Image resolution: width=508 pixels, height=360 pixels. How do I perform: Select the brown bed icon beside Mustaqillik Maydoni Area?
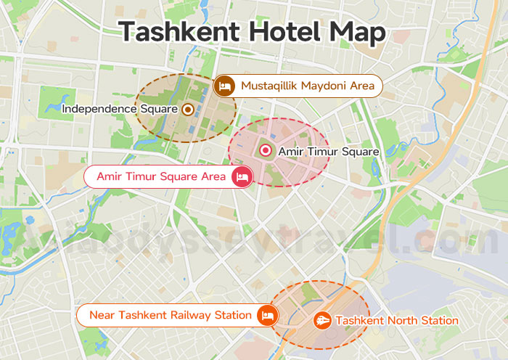(x=224, y=86)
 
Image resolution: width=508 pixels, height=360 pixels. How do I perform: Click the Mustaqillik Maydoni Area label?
(x=308, y=86)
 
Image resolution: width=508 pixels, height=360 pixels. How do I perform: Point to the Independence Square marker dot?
(x=187, y=109)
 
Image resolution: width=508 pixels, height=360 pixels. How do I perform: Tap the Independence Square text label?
(x=120, y=109)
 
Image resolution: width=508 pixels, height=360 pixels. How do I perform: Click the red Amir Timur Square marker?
(x=266, y=151)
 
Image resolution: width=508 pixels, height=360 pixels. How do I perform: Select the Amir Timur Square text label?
(x=329, y=152)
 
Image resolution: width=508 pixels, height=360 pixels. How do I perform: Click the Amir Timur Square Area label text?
(x=162, y=176)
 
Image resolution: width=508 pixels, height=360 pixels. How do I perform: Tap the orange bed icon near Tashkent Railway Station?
(x=268, y=315)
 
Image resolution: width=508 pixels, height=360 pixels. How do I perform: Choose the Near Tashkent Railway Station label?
(x=170, y=315)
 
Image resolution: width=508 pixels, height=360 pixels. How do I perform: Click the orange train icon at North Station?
(x=322, y=320)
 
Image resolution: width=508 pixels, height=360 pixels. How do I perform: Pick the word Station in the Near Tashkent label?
(x=233, y=315)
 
